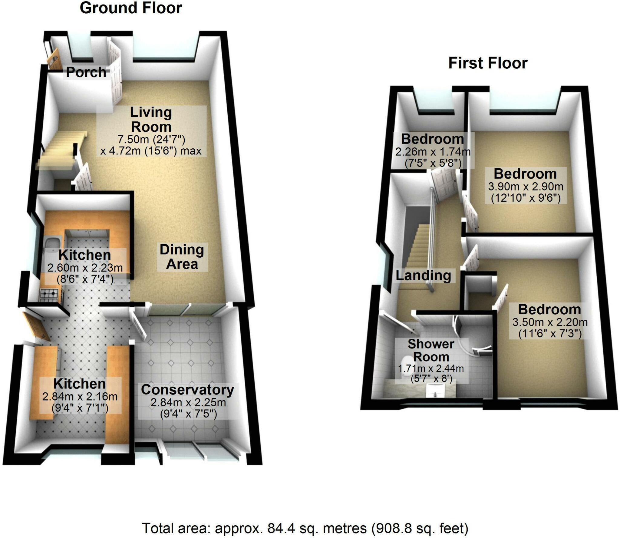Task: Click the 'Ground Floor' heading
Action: click(131, 8)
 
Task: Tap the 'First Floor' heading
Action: click(488, 63)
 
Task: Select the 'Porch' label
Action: click(86, 72)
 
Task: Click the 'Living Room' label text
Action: click(151, 120)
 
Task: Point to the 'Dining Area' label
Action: click(182, 257)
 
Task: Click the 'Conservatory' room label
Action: click(187, 390)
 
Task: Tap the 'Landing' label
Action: click(423, 276)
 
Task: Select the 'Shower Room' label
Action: click(431, 350)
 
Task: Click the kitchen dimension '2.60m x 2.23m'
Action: click(85, 268)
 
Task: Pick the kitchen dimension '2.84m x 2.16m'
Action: click(80, 396)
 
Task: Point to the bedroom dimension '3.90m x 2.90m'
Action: click(526, 186)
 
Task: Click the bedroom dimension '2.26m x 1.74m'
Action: click(433, 151)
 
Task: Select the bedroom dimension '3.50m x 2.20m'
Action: click(550, 322)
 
